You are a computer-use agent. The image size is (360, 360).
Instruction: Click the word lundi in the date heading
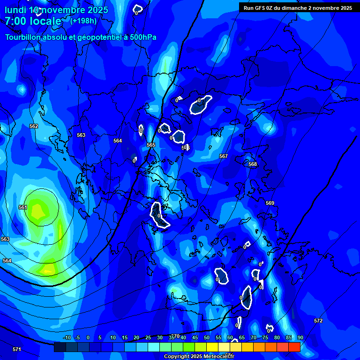point(15,10)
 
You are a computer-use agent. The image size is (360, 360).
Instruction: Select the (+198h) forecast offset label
point(83,21)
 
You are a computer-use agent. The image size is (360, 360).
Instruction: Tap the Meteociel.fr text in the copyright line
point(217,357)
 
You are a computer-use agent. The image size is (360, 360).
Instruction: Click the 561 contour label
point(23,207)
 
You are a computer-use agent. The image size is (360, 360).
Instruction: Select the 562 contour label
point(34,127)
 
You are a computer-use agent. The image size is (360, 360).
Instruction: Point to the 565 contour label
point(151,145)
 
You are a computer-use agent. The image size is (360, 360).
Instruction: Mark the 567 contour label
point(224,156)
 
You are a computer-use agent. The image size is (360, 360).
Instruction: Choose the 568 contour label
point(253,164)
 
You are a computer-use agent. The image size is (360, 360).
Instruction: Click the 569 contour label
point(270,203)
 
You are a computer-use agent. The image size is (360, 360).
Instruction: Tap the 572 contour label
point(318,321)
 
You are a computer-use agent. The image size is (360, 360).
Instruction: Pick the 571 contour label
point(17,349)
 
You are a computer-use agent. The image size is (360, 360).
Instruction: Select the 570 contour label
point(175,336)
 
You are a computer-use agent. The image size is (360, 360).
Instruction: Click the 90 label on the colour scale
point(300,338)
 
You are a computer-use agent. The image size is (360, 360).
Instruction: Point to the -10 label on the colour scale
point(67,338)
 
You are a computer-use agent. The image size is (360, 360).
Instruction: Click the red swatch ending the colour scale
point(294,347)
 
